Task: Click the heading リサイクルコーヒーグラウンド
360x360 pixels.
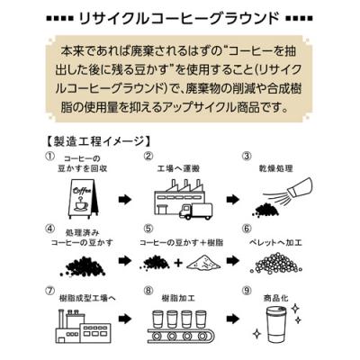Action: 179,18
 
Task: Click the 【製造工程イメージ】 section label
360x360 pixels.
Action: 98,140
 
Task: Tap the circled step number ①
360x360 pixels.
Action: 49,157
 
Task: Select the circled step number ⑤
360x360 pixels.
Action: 148,229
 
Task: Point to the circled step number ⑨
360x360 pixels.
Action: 247,291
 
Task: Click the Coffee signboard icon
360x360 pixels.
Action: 82,197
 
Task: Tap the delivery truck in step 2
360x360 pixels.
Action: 195,211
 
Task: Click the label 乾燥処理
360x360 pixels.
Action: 276,169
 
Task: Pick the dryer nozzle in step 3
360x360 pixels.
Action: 301,186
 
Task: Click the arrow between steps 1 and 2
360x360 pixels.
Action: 125,200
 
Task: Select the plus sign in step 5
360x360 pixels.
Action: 178,263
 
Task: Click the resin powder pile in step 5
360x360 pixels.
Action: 203,262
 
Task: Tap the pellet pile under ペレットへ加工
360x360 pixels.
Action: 276,262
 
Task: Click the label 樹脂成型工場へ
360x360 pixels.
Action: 87,299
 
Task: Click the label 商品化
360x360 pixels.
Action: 276,299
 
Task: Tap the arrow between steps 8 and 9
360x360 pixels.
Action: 233,319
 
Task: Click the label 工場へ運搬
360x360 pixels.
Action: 178,169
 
